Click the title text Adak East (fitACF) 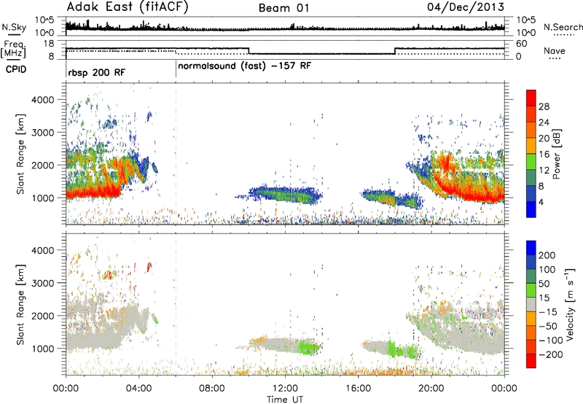[x=128, y=7]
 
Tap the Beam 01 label [x=283, y=8]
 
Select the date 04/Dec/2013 [x=466, y=7]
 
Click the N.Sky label [x=14, y=27]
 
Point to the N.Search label [x=563, y=27]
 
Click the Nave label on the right [x=555, y=50]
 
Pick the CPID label [x=16, y=69]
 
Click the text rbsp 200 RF [x=97, y=72]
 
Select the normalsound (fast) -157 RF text [x=244, y=66]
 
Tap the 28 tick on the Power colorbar [x=544, y=106]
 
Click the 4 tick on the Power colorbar [x=541, y=202]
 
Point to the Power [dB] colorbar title [x=556, y=154]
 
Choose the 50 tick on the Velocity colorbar [x=544, y=284]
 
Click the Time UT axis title [x=285, y=400]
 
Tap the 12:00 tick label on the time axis [x=285, y=389]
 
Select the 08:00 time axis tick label [x=212, y=389]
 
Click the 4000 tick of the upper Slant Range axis [x=43, y=100]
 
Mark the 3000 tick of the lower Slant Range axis [x=43, y=283]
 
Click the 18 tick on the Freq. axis [x=49, y=44]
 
